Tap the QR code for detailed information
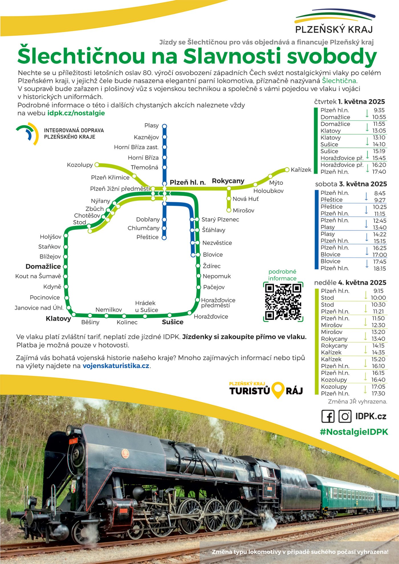click(x=283, y=302)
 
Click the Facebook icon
click(x=328, y=416)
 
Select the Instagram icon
click(x=345, y=416)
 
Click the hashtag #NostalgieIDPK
click(x=354, y=432)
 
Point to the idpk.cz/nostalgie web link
click(x=76, y=113)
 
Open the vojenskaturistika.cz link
click(x=116, y=366)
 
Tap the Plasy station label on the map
click(x=151, y=126)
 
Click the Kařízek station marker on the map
click(x=287, y=170)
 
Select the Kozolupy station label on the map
click(x=80, y=165)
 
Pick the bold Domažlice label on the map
click(x=43, y=266)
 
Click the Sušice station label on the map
click(x=173, y=322)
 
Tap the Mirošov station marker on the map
click(x=229, y=210)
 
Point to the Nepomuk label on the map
click(x=217, y=276)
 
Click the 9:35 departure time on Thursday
click(x=379, y=110)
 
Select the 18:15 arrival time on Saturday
click(x=380, y=268)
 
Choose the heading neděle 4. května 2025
click(x=350, y=283)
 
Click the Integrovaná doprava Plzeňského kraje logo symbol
click(x=28, y=134)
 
